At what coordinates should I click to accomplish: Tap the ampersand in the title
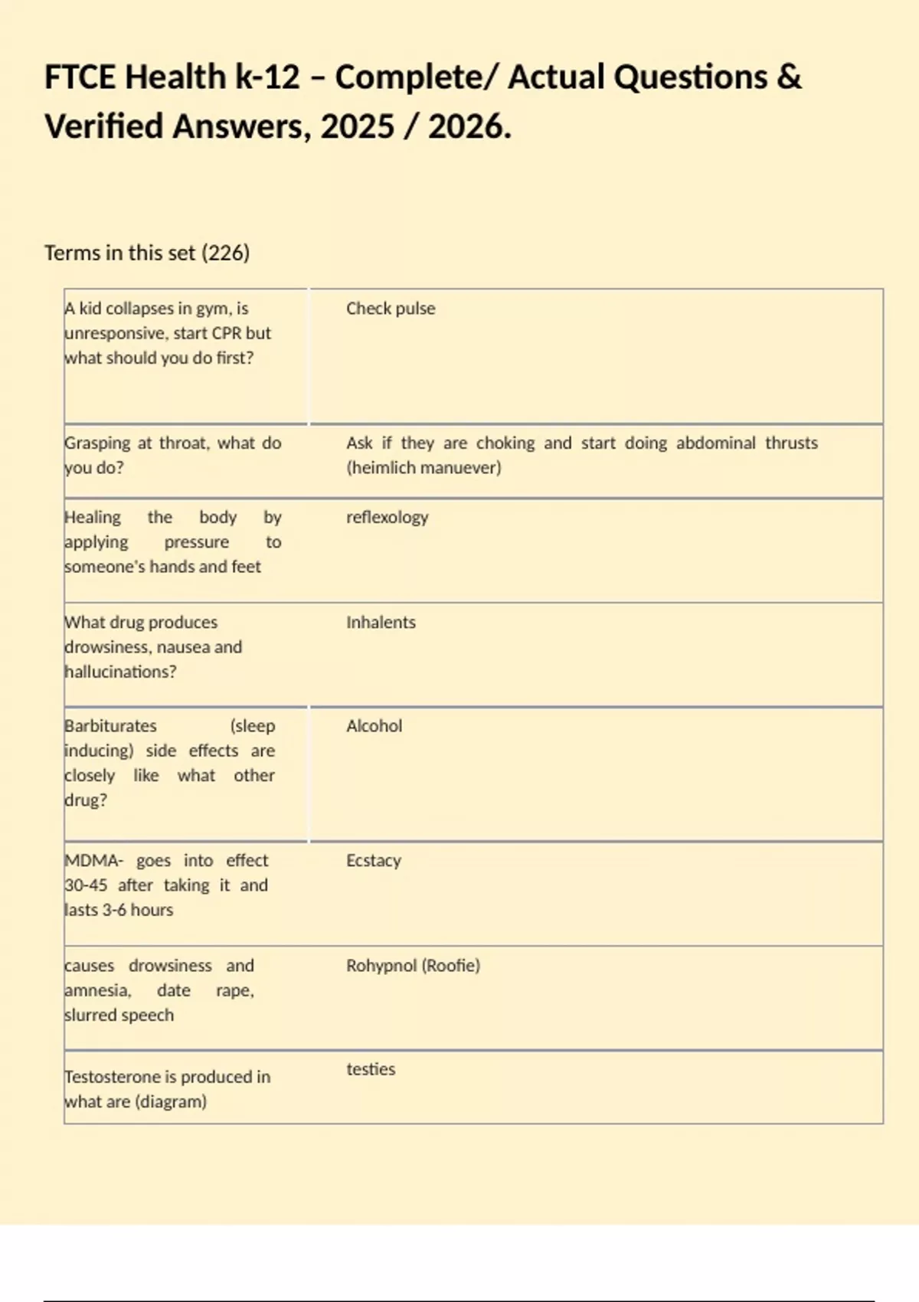[x=790, y=77]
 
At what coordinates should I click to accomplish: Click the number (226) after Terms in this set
[x=225, y=253]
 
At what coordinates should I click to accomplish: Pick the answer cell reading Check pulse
[x=390, y=309]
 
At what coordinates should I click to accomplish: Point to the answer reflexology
[x=387, y=518]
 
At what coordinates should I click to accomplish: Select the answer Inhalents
[x=381, y=623]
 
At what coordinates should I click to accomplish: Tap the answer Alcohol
[x=374, y=726]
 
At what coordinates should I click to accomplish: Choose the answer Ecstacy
[x=373, y=861]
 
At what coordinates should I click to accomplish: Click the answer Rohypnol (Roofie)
[x=413, y=966]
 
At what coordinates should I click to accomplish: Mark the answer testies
[x=371, y=1069]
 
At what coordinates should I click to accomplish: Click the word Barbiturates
[x=111, y=726]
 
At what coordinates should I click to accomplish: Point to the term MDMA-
[x=93, y=861]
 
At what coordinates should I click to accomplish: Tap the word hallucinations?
[x=121, y=672]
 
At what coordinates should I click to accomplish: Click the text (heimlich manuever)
[x=424, y=468]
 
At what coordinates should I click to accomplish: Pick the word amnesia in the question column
[x=97, y=990]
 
